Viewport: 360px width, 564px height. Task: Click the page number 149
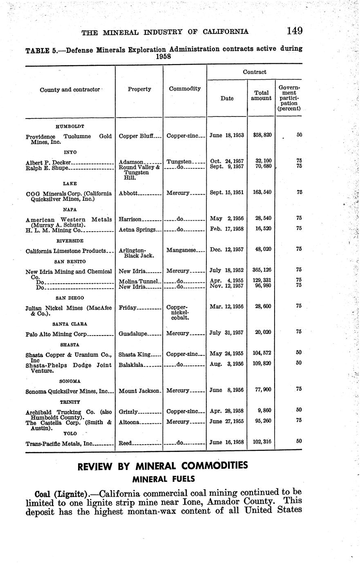[294, 31]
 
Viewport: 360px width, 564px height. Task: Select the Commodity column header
[185, 89]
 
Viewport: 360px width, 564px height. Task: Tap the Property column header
[139, 89]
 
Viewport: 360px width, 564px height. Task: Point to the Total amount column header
[261, 95]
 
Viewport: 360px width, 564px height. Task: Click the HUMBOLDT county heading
[69, 127]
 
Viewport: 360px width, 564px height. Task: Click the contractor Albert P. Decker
[48, 162]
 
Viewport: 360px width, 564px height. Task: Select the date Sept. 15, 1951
[226, 192]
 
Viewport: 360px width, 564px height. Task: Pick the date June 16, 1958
[226, 443]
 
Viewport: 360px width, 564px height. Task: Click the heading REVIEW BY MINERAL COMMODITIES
[163, 466]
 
